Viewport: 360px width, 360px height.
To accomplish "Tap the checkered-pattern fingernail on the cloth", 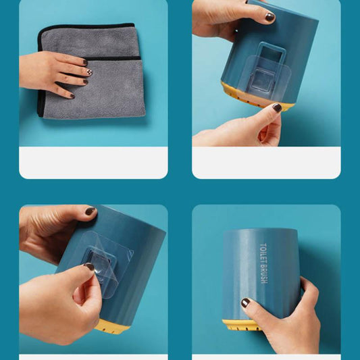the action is pos(89,72).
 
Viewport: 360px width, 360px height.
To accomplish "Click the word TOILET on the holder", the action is pos(263,253).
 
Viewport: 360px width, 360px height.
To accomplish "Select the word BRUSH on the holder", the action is pos(264,274).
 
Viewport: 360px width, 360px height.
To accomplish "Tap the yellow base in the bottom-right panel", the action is pos(241,326).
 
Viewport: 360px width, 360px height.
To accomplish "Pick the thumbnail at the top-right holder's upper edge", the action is pos(269,17).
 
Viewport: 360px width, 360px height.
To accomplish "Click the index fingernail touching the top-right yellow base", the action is pos(277,107).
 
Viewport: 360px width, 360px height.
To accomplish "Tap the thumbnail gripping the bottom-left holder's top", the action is pos(90,211).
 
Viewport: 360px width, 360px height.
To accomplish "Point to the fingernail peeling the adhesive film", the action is pos(89,266).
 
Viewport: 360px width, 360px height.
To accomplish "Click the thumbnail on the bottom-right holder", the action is pos(245,303).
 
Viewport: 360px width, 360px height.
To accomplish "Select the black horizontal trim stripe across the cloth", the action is pos(113,58).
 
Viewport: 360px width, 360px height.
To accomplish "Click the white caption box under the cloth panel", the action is pos(93,163).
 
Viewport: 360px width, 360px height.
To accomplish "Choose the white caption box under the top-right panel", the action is pos(266,163).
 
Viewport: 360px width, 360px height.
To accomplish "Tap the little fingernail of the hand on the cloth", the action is pos(72,96).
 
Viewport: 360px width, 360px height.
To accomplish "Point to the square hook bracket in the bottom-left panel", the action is pos(99,259).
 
